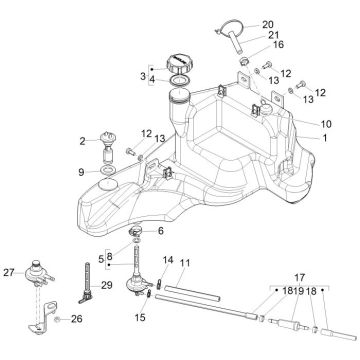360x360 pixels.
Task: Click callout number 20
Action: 267,23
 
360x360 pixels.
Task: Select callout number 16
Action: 278,45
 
